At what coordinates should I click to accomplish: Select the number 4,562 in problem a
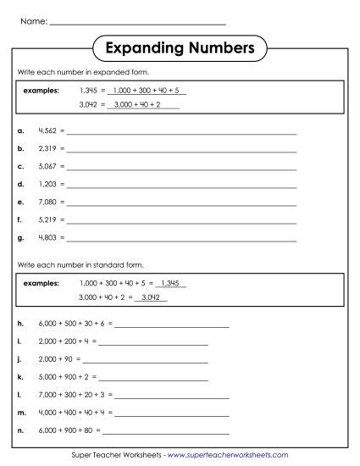point(47,132)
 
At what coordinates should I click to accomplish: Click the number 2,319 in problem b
point(47,147)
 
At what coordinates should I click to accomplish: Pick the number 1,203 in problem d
point(47,183)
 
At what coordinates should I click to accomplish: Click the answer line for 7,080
point(181,204)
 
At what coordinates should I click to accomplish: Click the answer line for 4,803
point(181,240)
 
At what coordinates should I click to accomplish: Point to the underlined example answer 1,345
point(171,283)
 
